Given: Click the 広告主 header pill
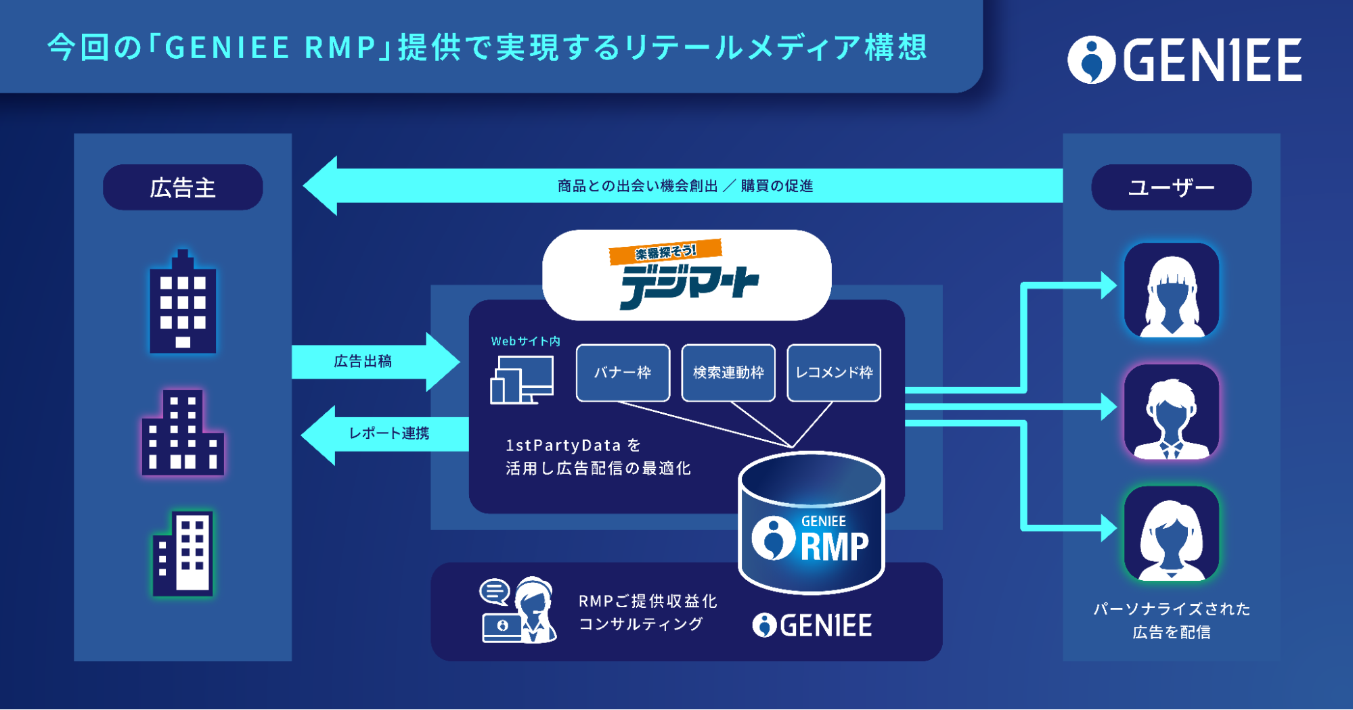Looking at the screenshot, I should click(x=183, y=187).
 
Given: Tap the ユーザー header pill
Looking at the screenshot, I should click(x=1171, y=187).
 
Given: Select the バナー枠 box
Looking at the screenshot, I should click(x=623, y=373).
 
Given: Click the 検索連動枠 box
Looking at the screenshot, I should click(x=728, y=373).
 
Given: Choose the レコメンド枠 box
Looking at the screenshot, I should click(x=834, y=373).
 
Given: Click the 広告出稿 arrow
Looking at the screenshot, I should click(x=372, y=361).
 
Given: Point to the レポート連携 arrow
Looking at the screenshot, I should click(x=386, y=433).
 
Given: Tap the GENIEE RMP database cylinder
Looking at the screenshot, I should click(x=811, y=524).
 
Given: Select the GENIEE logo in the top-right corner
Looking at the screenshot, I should click(x=1184, y=60).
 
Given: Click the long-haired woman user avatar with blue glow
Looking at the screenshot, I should click(x=1171, y=291).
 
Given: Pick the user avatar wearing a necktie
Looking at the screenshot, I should click(x=1171, y=412).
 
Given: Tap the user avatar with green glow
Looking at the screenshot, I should click(x=1171, y=534).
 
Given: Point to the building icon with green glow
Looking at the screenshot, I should click(x=183, y=553).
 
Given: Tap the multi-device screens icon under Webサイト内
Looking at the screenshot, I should click(x=521, y=380).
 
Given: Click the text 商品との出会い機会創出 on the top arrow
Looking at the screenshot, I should click(x=637, y=186).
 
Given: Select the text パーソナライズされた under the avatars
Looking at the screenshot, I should click(x=1171, y=609).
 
